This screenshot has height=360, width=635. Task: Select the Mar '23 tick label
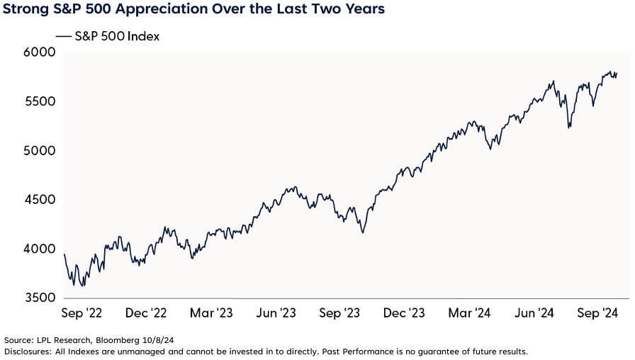click(211, 313)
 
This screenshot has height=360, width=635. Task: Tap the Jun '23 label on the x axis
click(276, 313)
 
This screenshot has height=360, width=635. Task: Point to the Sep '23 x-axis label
click(339, 313)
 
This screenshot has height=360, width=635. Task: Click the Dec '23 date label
click(403, 313)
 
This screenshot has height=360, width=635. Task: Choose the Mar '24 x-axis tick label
click(468, 313)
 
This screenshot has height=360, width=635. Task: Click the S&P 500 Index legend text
click(117, 37)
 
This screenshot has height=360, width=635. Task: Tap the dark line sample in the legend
click(62, 37)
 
